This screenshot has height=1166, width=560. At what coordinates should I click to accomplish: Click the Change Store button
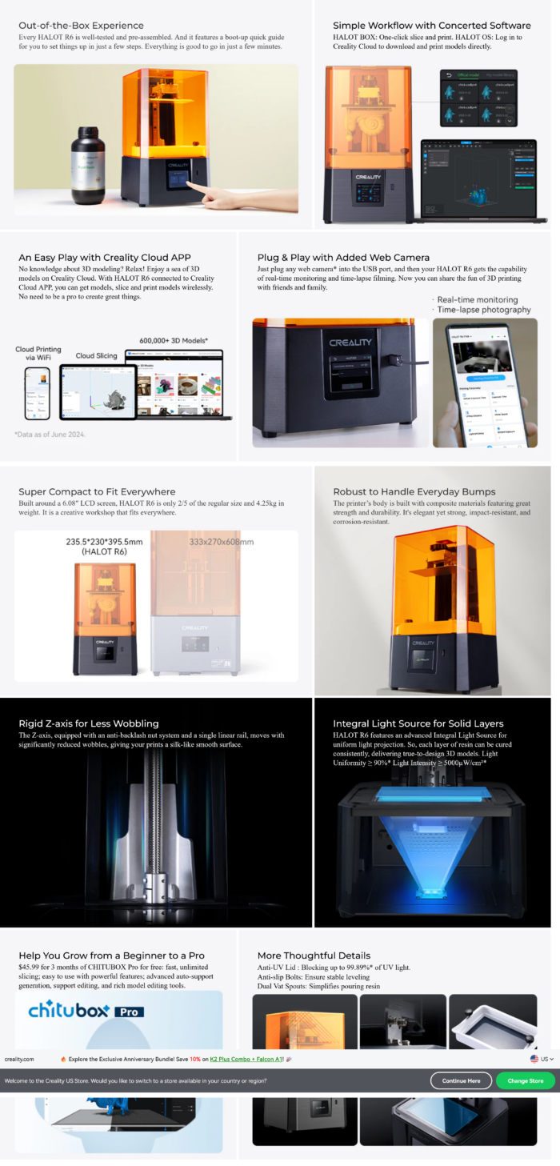[x=525, y=1080]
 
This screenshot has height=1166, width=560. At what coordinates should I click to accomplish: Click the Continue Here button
[x=461, y=1080]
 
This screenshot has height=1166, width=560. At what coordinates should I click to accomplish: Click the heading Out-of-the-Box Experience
[x=82, y=26]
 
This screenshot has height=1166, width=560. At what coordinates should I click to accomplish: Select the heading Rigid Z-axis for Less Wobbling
[x=89, y=723]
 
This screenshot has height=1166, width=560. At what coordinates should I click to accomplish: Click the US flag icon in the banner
[x=534, y=1059]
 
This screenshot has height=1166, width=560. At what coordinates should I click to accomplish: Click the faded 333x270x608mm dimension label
[x=220, y=542]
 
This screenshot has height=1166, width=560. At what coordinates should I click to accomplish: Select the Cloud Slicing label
[x=96, y=355]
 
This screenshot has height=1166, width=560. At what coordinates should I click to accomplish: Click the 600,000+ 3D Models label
[x=174, y=340]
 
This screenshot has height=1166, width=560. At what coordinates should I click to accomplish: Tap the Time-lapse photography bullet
[x=483, y=310]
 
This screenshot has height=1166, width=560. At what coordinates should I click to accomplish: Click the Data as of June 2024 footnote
[x=50, y=434]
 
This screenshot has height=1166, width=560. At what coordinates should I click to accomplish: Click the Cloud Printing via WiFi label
[x=38, y=355]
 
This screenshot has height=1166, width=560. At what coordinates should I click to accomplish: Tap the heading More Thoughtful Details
[x=314, y=956]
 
